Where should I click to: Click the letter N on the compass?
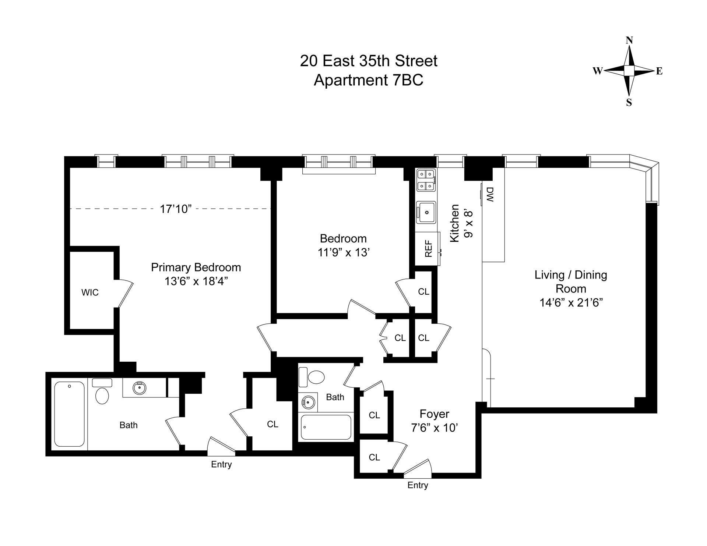629,40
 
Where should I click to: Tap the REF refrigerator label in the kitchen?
428,248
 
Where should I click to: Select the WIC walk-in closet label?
90,292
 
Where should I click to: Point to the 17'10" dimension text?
176,209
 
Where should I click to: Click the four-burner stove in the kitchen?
426,180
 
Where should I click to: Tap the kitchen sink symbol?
426,212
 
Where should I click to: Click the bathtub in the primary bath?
69,414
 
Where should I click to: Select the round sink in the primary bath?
140,387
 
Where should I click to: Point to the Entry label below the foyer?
418,485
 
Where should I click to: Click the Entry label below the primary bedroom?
221,464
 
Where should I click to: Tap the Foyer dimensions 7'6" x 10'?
435,428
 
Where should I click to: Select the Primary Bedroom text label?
196,267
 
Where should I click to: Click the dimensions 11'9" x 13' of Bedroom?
343,252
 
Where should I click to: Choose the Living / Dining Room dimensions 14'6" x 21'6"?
571,302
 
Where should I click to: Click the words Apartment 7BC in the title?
368,80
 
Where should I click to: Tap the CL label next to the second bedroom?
423,291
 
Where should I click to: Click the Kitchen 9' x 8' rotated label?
460,223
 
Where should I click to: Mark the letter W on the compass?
597,71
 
